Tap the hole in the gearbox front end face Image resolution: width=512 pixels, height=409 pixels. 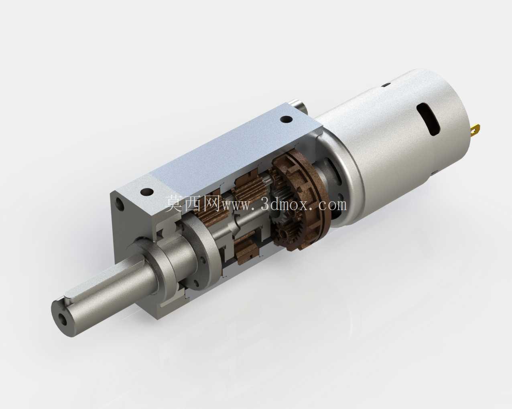pyautogui.click(x=120, y=204)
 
